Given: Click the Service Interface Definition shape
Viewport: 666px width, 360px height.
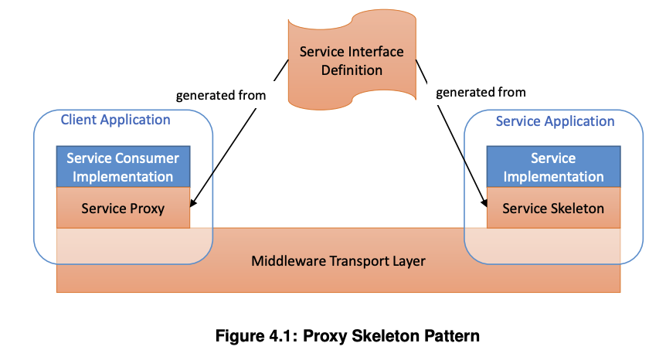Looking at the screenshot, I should tap(352, 62).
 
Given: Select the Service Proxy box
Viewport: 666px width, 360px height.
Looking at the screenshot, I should tap(123, 208).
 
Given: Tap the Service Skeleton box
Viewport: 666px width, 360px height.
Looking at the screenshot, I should tap(553, 208).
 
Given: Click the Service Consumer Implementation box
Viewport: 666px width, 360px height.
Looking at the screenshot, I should tap(123, 168).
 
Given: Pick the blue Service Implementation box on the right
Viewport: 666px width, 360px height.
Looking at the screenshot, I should tap(553, 168).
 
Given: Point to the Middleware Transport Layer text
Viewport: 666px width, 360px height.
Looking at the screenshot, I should tap(338, 261).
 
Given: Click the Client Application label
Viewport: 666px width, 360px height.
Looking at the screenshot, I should tap(116, 120).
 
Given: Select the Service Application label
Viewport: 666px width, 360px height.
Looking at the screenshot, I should tap(555, 121).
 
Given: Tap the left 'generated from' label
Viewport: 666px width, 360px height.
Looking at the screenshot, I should tap(221, 96).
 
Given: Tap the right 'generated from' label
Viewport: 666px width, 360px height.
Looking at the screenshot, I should tap(481, 92).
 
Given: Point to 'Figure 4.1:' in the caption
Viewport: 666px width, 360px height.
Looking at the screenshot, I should tap(260, 336).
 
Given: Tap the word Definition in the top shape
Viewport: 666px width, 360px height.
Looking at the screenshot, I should tap(352, 70).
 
